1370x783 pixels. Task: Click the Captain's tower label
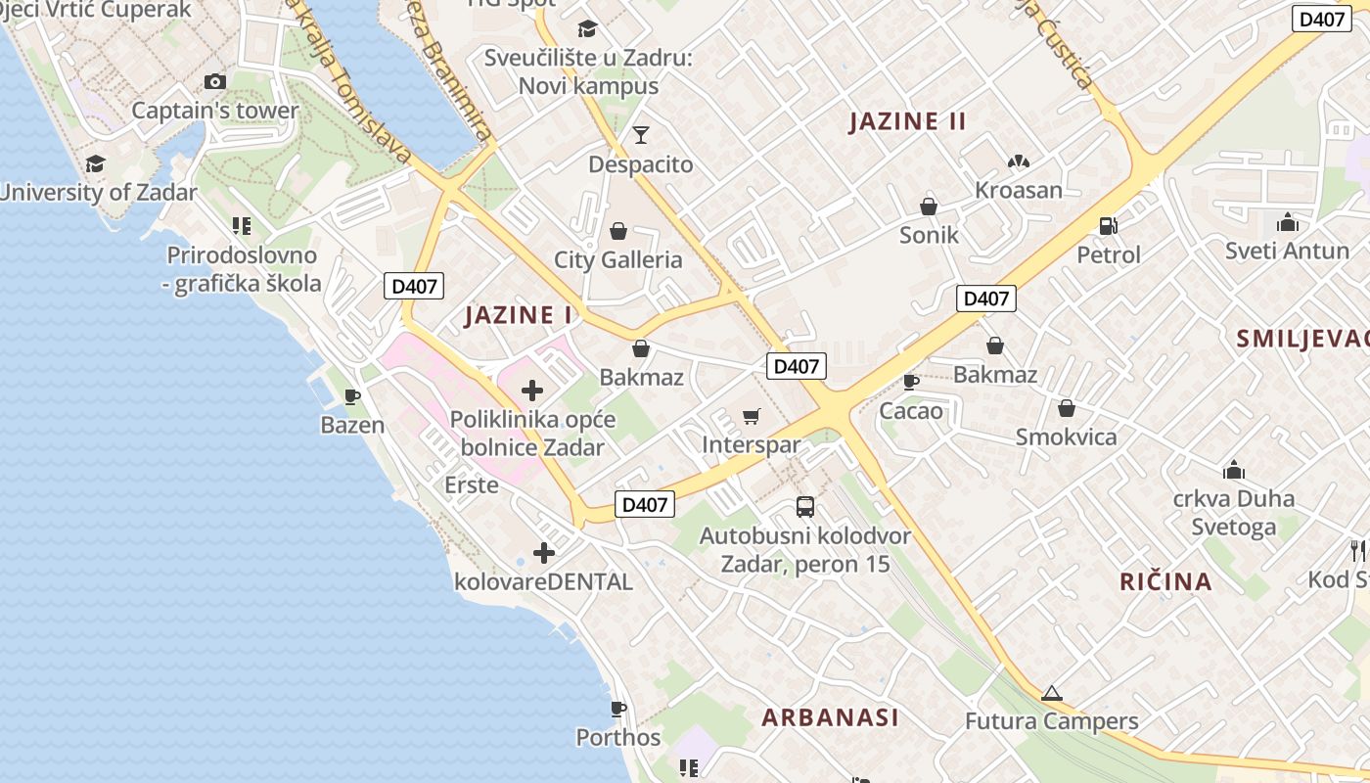tap(214, 111)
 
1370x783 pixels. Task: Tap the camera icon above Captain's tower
tap(214, 82)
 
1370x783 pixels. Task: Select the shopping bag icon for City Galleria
tap(618, 231)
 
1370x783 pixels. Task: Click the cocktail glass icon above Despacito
tap(641, 135)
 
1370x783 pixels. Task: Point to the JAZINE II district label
tap(907, 121)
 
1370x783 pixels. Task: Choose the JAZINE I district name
tap(518, 315)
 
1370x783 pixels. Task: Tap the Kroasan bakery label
tap(1018, 190)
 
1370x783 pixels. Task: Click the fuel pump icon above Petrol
tap(1108, 226)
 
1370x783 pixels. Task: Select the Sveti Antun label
tap(1287, 251)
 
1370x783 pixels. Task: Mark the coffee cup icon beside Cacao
tap(910, 382)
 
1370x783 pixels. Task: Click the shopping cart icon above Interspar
tap(752, 417)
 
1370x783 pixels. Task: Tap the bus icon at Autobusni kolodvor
tap(805, 507)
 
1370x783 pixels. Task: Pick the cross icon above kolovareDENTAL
tap(544, 553)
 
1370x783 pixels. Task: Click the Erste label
tap(472, 485)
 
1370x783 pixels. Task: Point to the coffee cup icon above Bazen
tap(352, 396)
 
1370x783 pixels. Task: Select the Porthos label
tap(617, 737)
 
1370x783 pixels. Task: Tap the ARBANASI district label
tap(830, 717)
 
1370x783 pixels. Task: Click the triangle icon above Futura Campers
tap(1051, 694)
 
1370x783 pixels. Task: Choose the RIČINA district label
tap(1165, 581)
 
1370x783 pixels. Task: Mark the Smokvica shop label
tap(1066, 437)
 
